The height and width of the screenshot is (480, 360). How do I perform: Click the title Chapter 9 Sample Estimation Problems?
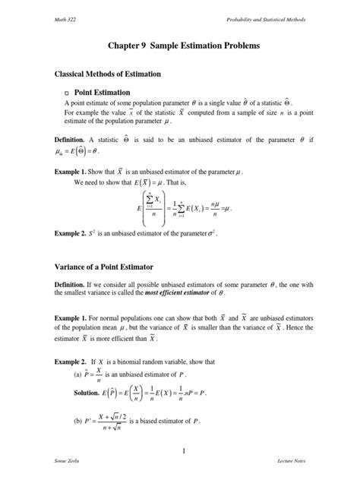point(180,46)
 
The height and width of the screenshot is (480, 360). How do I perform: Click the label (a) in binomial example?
point(77,374)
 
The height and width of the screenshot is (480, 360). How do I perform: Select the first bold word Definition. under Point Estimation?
point(69,141)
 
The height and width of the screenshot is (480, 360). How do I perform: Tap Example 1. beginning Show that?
point(71,172)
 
